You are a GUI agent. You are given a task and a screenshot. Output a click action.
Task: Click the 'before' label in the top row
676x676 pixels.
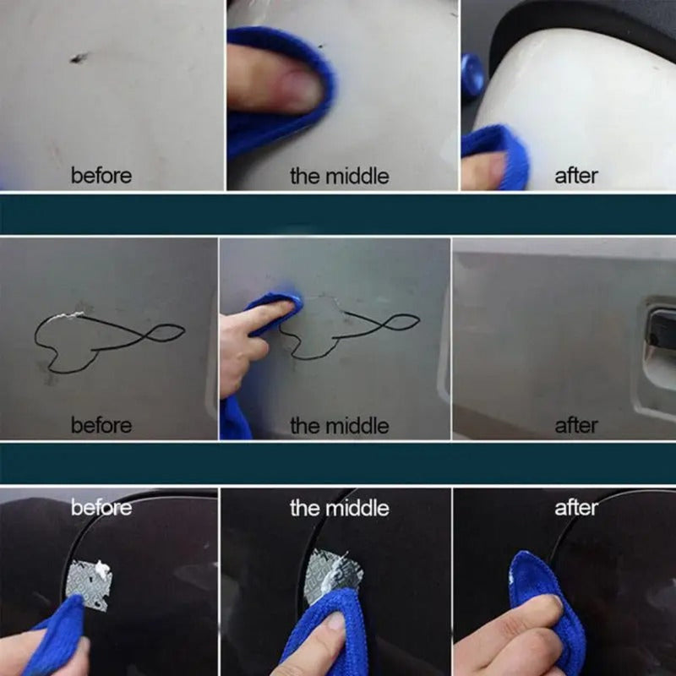click(101, 177)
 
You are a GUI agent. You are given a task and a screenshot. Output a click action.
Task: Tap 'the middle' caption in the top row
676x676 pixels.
click(340, 177)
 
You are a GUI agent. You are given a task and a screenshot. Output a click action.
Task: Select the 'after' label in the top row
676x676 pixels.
click(576, 177)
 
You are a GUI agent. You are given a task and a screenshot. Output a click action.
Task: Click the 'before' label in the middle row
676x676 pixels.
click(101, 425)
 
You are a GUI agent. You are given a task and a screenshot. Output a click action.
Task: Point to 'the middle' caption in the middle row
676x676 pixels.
click(340, 425)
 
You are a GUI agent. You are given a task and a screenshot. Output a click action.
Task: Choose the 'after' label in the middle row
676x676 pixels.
click(576, 425)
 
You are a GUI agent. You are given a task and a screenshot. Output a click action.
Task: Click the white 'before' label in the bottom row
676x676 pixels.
click(101, 508)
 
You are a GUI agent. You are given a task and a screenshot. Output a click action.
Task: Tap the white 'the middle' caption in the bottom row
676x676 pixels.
click(340, 508)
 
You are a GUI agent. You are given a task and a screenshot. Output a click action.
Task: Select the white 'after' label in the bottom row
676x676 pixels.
click(576, 508)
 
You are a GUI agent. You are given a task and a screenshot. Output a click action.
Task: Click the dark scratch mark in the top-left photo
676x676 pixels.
click(79, 58)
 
